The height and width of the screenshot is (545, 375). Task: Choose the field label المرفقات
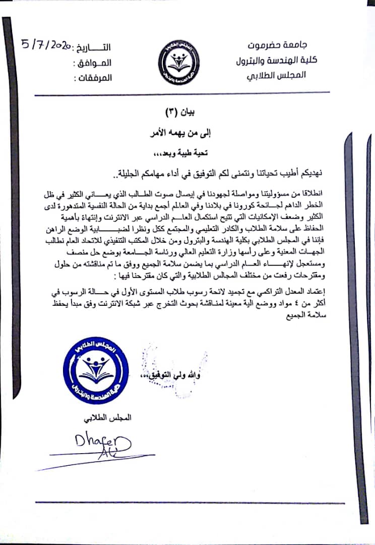click(93, 78)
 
